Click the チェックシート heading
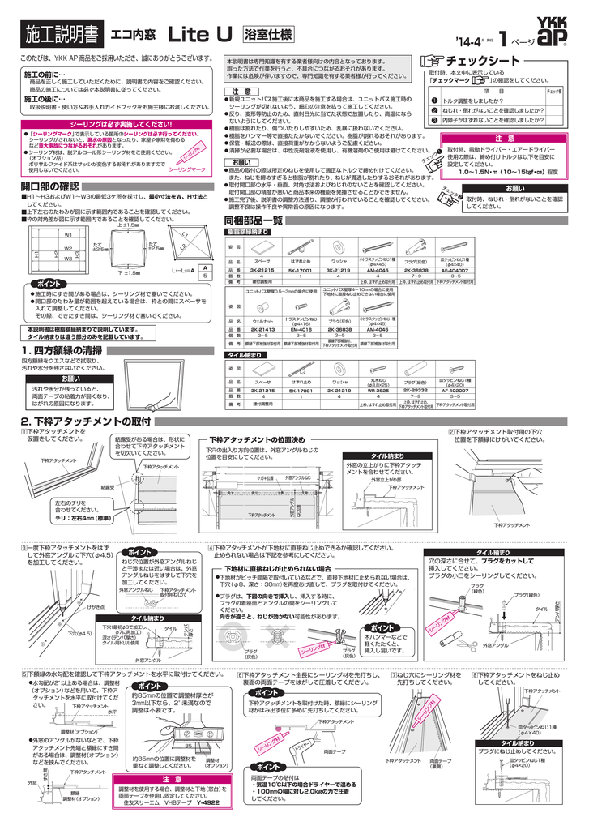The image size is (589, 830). pyautogui.click(x=486, y=62)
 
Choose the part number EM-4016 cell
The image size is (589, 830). pyautogui.click(x=301, y=330)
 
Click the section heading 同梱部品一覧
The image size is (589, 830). pyautogui.click(x=253, y=220)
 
